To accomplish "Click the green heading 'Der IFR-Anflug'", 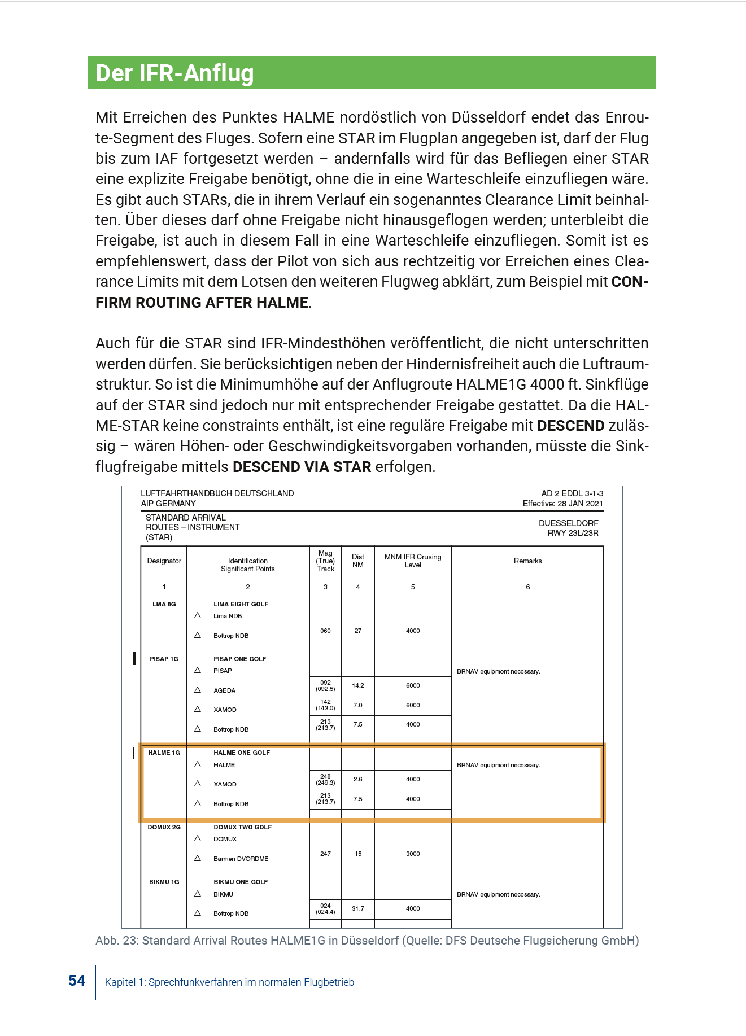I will (x=174, y=73).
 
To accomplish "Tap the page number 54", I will (x=77, y=981).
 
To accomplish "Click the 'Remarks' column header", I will (x=527, y=561).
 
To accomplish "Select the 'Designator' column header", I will (x=164, y=561).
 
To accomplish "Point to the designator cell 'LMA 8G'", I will (x=164, y=604).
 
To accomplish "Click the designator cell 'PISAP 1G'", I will (x=164, y=659).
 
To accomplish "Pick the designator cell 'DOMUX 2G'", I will (x=164, y=827).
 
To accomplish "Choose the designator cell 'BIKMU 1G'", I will (x=164, y=882).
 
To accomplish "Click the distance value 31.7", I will (x=358, y=908).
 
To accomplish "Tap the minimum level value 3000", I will (x=413, y=854).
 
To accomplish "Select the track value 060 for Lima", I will (x=325, y=631).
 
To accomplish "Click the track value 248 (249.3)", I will (x=325, y=779).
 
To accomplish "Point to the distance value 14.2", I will (x=358, y=685).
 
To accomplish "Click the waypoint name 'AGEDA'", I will (x=224, y=690).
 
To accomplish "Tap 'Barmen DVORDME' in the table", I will (x=241, y=859).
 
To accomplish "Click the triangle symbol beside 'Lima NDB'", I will (x=198, y=615).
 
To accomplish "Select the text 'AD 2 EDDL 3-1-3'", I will (x=572, y=493).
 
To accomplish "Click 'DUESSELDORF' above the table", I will (x=568, y=523).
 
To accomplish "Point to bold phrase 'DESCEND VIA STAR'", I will (x=302, y=467).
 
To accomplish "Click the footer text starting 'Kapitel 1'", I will (x=229, y=982).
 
